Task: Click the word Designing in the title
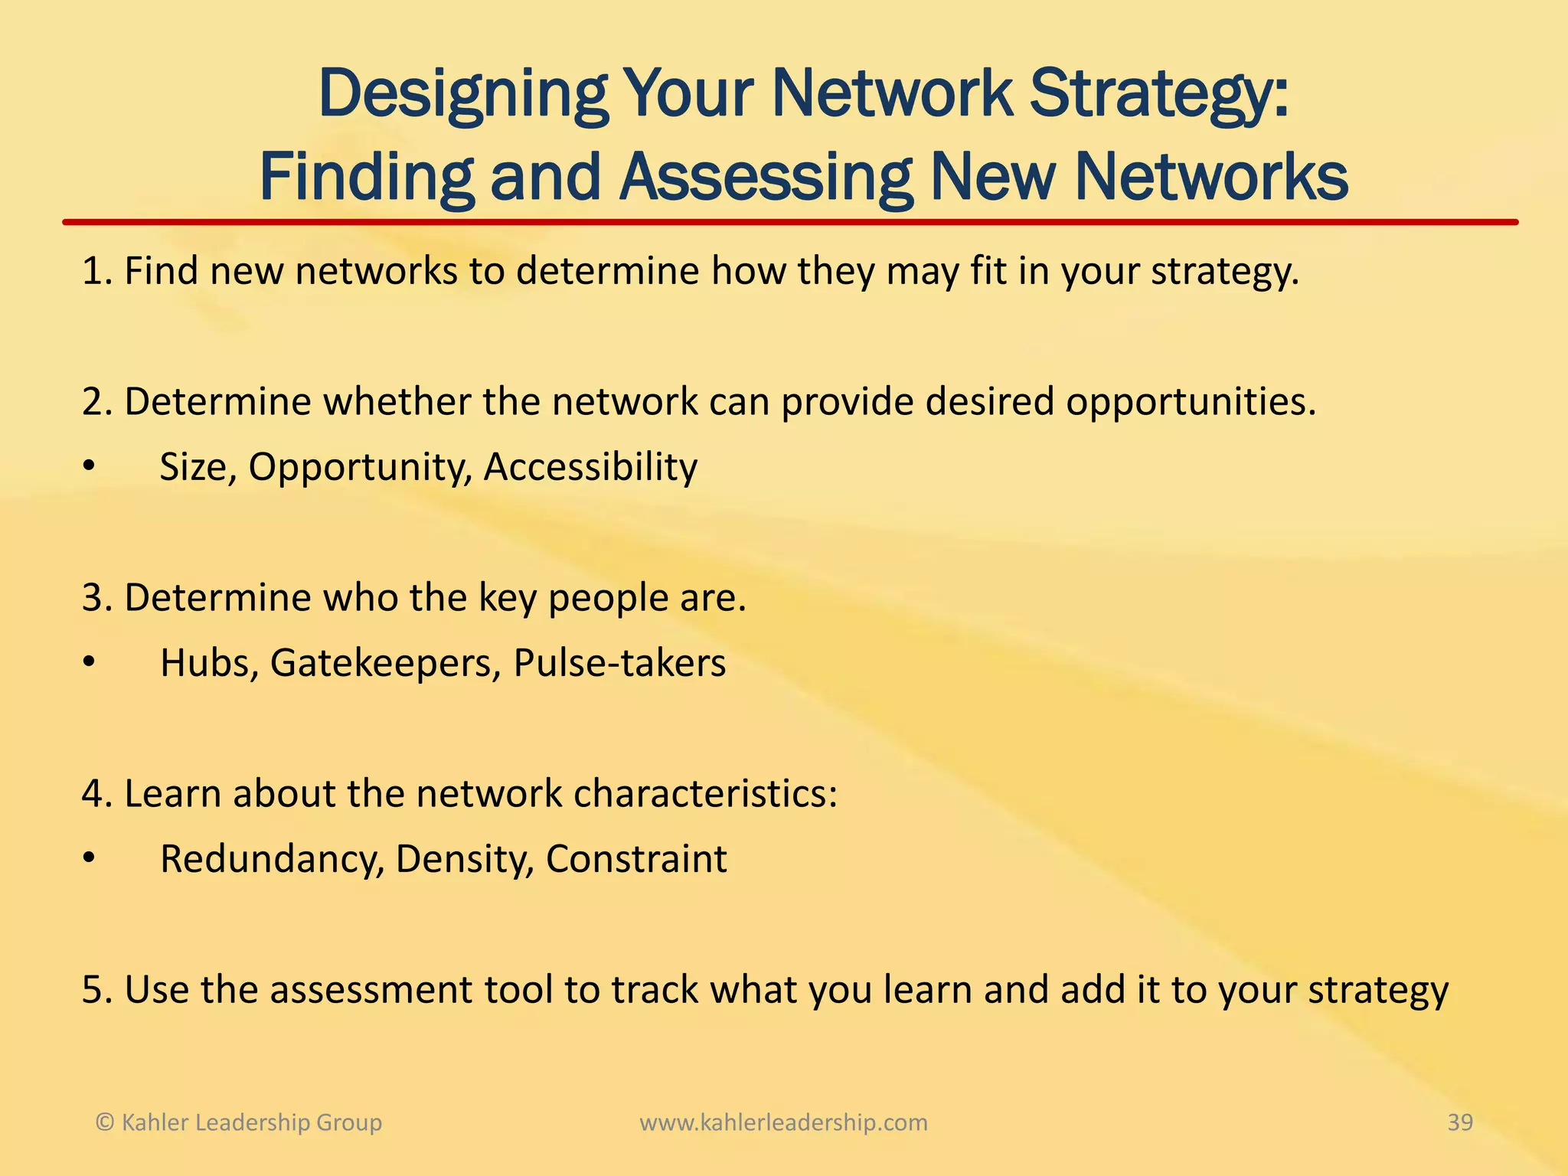point(462,95)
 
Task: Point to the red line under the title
point(789,222)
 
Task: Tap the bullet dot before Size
point(90,467)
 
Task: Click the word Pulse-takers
point(619,663)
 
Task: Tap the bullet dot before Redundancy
point(90,859)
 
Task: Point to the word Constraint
point(635,859)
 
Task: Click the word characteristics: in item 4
point(705,794)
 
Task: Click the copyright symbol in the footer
point(105,1122)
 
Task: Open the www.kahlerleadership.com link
point(783,1122)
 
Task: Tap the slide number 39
point(1460,1122)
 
